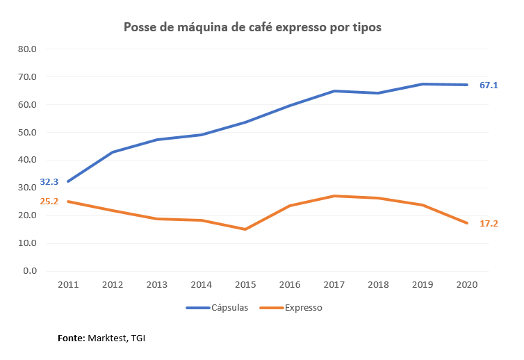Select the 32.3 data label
[x=49, y=181]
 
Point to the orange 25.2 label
[x=49, y=202]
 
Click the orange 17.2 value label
[x=489, y=223]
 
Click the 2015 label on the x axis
[x=245, y=284]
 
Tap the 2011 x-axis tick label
[x=68, y=284]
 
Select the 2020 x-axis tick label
[x=466, y=284]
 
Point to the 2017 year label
[x=334, y=284]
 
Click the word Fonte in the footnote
[x=70, y=338]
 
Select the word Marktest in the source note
[x=106, y=338]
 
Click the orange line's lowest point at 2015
[x=245, y=229]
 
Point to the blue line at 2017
[x=334, y=91]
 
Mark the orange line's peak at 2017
[x=334, y=196]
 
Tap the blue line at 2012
[x=112, y=152]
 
